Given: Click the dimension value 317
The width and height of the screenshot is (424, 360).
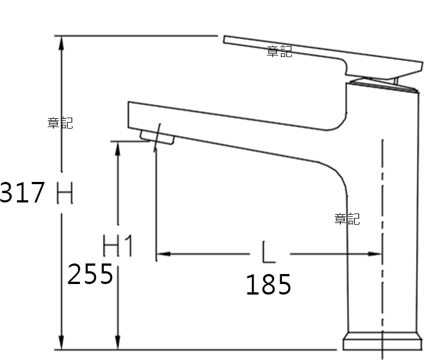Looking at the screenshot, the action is tap(22, 192).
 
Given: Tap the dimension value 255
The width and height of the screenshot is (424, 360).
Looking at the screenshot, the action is tap(90, 274).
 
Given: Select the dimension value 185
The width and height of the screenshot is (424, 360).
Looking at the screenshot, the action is tap(269, 284).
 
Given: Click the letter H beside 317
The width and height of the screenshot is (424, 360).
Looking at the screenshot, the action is tap(65, 192).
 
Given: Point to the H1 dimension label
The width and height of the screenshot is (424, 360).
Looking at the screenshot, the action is tap(118, 246).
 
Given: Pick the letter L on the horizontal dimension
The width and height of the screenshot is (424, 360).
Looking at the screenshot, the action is tap(269, 252).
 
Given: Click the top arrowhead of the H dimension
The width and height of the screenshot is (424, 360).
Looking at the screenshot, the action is tap(62, 43).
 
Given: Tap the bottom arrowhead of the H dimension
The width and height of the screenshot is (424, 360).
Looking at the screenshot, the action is tap(62, 343).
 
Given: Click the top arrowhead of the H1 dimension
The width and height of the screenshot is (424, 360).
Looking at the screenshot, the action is tap(118, 148).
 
